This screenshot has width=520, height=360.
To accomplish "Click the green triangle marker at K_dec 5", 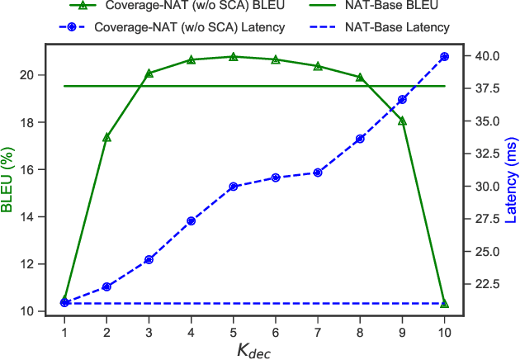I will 234,57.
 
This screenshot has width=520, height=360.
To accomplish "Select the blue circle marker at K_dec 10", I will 445,56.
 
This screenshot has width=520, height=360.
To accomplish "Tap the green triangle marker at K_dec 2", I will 106,137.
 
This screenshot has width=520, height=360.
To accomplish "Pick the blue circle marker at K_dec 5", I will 234,187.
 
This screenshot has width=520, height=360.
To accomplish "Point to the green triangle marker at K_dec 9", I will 403,121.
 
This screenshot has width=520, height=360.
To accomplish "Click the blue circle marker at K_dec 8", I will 360,139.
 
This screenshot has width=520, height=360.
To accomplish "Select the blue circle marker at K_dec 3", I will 149,260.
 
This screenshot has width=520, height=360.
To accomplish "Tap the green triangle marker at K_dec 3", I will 149,73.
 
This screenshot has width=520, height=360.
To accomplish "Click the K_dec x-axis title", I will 254,349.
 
